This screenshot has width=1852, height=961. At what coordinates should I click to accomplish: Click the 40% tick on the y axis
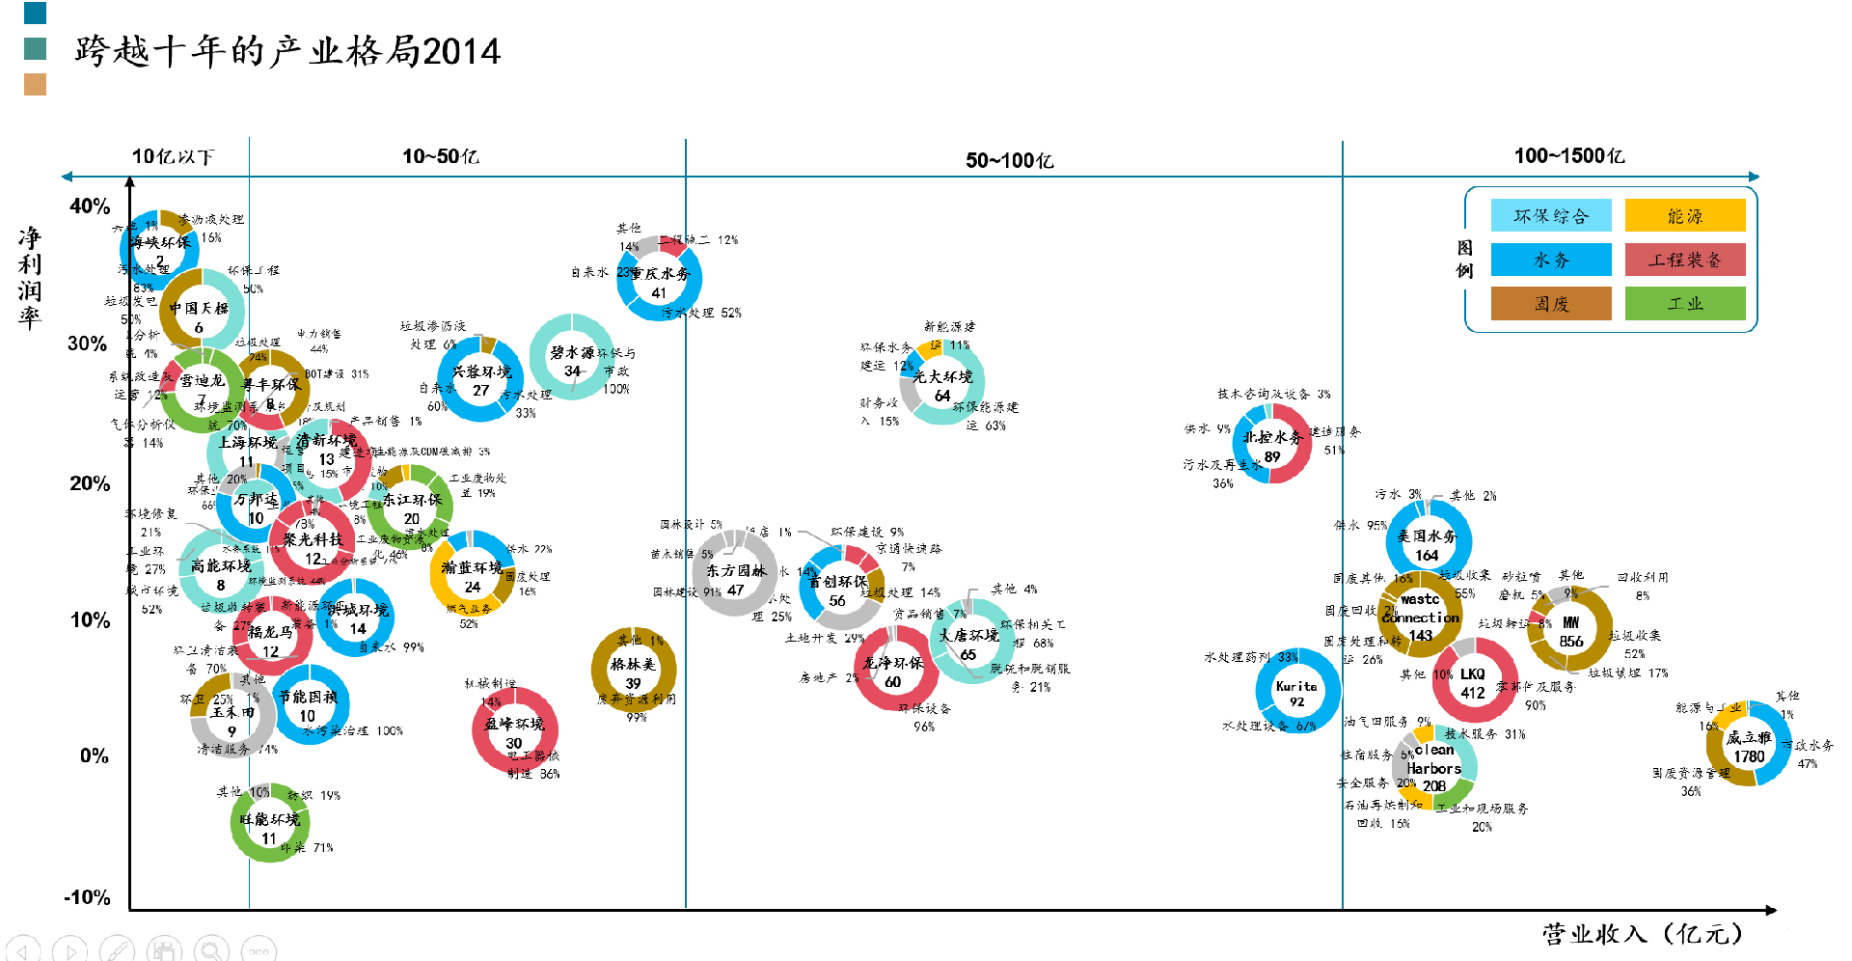[x=90, y=206]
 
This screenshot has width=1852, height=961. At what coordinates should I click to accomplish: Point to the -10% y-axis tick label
[x=87, y=898]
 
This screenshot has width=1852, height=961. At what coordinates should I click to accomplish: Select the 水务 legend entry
[x=1551, y=260]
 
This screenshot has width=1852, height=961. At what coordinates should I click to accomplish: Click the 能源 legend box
[x=1685, y=216]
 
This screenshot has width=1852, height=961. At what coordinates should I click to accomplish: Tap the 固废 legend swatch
[x=1551, y=304]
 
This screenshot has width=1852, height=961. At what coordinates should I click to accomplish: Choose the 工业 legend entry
[x=1685, y=304]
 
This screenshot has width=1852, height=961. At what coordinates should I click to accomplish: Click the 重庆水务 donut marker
[x=660, y=280]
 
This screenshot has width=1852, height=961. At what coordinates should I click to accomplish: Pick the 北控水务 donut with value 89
[x=1272, y=444]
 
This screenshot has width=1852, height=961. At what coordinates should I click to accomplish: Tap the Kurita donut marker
[x=1297, y=691]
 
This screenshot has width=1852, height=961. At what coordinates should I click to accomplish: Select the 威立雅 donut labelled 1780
[x=1748, y=744]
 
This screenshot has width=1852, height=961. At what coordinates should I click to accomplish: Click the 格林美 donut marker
[x=634, y=671]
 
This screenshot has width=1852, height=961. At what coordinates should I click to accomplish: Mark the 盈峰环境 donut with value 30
[x=514, y=730]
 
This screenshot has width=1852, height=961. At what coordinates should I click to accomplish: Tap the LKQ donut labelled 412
[x=1473, y=681]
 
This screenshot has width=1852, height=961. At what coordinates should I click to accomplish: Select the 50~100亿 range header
[x=1009, y=160]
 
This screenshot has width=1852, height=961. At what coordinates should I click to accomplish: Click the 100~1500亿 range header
[x=1568, y=156]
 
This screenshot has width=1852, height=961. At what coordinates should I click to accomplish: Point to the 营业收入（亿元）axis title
[x=1642, y=934]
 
